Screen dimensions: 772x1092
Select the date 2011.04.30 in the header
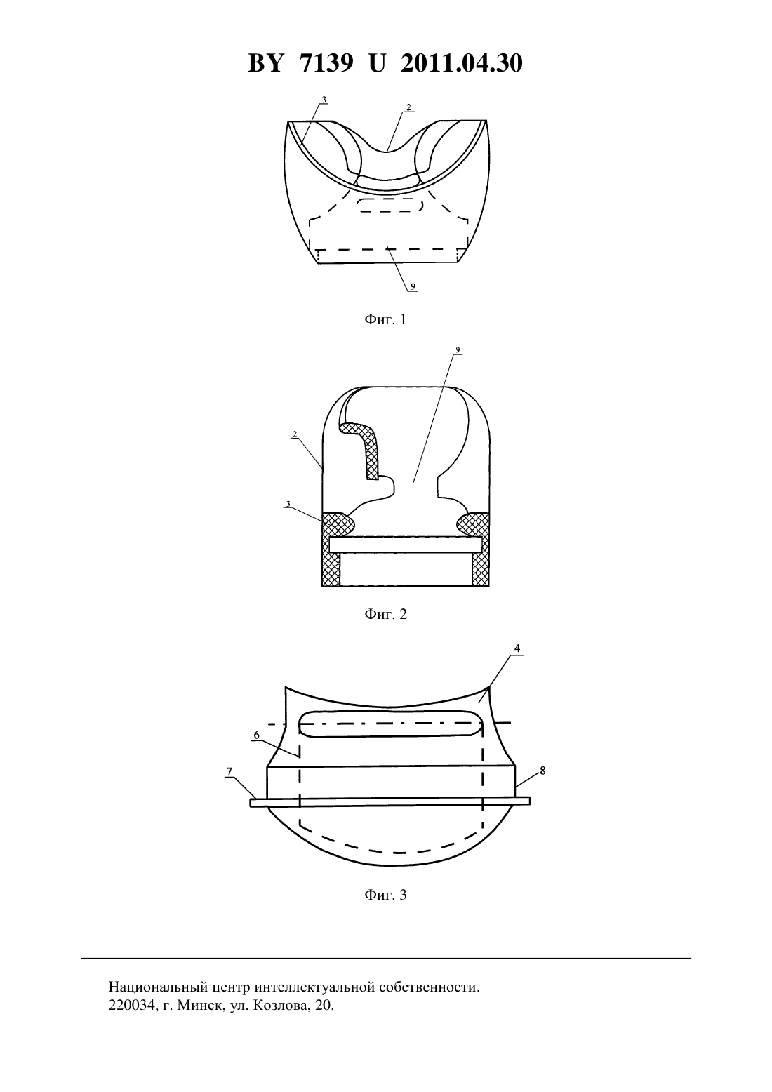tap(462, 63)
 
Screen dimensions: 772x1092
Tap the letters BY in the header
tap(265, 63)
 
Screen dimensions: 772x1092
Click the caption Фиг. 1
tap(385, 320)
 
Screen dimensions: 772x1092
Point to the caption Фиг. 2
tap(385, 614)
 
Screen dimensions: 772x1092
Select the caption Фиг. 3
tap(385, 895)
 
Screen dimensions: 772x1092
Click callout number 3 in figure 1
tap(324, 100)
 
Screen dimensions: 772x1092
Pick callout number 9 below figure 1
tap(413, 286)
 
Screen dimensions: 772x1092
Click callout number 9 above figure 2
tap(457, 350)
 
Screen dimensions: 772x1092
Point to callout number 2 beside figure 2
tap(295, 434)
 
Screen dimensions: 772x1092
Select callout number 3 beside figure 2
tap(288, 504)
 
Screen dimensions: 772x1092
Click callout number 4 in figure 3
tap(517, 648)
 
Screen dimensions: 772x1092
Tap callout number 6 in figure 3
tap(257, 735)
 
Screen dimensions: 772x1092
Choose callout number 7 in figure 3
tap(229, 771)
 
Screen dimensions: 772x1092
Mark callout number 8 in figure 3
tap(543, 771)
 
